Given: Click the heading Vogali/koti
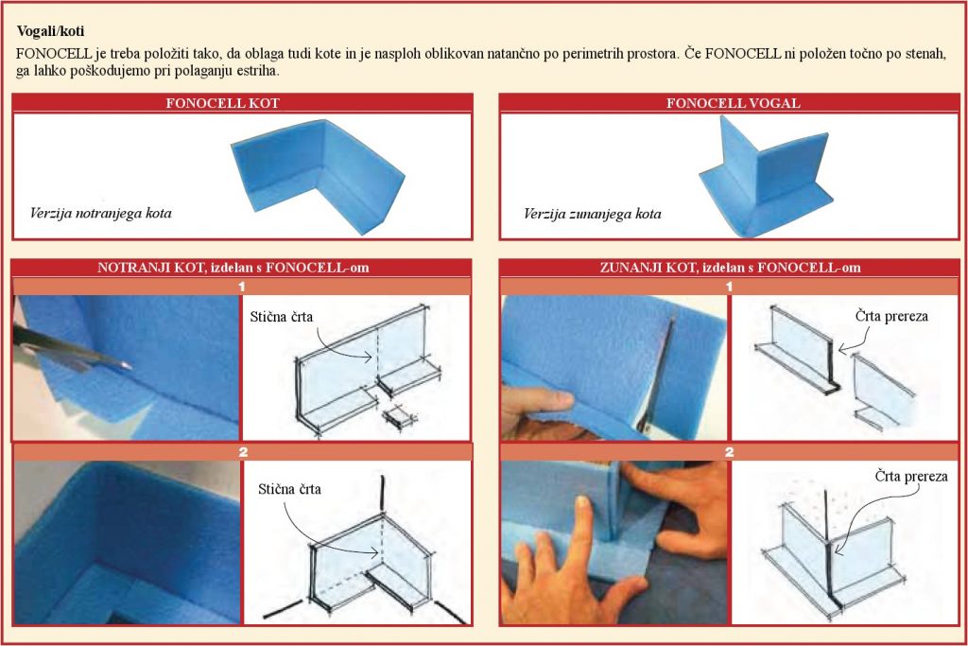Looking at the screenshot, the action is (x=51, y=31).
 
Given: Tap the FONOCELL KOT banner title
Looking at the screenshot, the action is (x=222, y=103).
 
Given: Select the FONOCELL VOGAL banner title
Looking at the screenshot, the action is (x=734, y=103).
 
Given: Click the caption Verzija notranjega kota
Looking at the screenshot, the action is (x=100, y=214).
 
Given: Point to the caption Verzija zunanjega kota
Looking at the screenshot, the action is (x=592, y=215).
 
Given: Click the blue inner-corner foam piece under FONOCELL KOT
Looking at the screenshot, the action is (x=318, y=175).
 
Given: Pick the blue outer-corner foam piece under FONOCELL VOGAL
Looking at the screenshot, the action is (x=766, y=179).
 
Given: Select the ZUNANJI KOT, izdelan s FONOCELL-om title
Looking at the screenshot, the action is (x=731, y=268).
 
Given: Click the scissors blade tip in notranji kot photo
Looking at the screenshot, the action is (x=130, y=367).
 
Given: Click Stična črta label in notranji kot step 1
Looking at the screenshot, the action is (x=282, y=317).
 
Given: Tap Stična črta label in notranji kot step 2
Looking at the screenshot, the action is (x=289, y=489).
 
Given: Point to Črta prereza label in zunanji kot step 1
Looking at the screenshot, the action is (x=891, y=316).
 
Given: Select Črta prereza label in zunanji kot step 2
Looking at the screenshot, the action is (x=911, y=476).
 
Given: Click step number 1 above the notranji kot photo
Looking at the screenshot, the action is (x=242, y=287).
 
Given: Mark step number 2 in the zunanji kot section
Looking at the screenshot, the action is (x=729, y=452).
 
